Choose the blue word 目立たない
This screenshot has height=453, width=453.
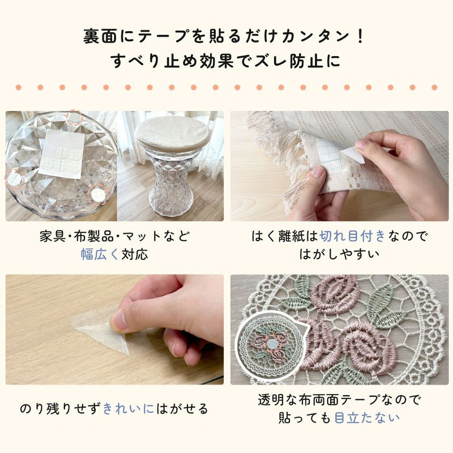click(367, 418)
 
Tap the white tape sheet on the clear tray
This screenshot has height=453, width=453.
click(61, 152)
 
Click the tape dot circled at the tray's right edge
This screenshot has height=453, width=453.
click(99, 194)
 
